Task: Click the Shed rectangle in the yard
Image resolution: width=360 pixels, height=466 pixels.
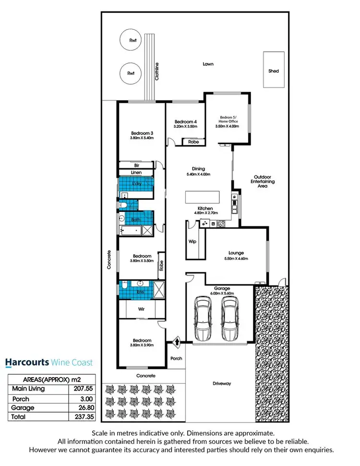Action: (x=274, y=71)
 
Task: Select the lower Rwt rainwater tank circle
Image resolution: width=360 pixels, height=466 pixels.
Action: (x=130, y=74)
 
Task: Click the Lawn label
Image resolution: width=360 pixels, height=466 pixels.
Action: (x=207, y=64)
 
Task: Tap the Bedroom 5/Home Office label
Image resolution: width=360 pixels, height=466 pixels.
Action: (x=229, y=119)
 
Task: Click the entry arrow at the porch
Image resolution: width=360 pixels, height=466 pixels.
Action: (x=177, y=343)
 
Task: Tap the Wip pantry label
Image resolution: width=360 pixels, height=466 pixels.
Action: (x=192, y=241)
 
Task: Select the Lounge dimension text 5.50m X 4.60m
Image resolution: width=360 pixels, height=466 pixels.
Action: (x=236, y=258)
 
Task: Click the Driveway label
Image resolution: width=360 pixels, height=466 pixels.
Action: (x=222, y=383)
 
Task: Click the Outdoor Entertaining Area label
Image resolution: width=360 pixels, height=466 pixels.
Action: (x=264, y=181)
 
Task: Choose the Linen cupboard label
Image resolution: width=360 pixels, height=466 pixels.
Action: (x=136, y=172)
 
